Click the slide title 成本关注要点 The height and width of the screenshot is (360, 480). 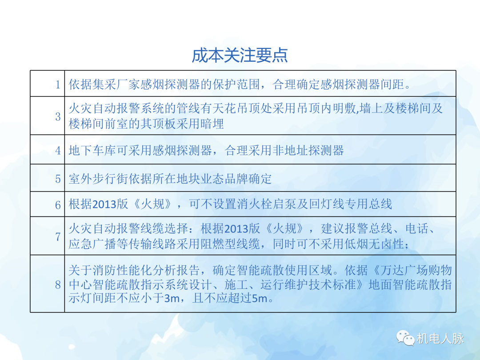pyautogui.click(x=240, y=55)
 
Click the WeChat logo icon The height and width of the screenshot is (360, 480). pyautogui.click(x=405, y=338)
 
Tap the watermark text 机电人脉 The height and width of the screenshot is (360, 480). pyautogui.click(x=440, y=339)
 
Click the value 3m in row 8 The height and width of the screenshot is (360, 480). pyautogui.click(x=171, y=298)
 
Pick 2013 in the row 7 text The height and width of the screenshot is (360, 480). pyautogui.click(x=236, y=229)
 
